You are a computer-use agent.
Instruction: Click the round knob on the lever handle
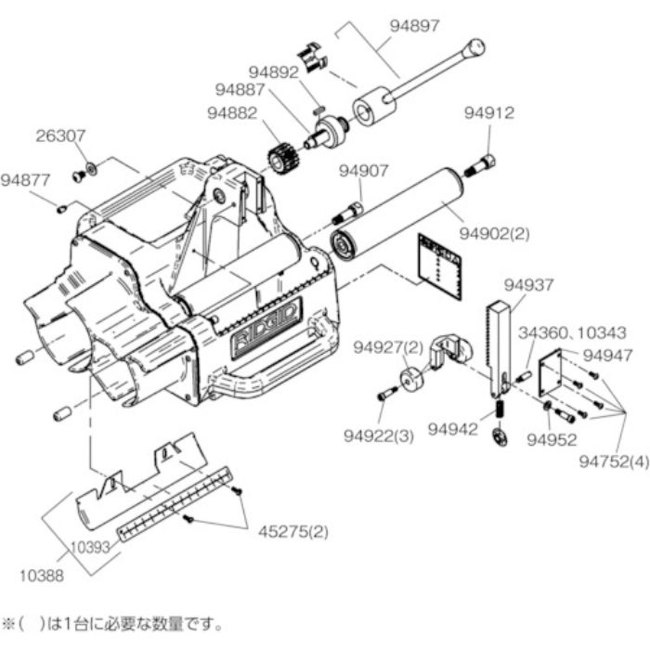[476, 45]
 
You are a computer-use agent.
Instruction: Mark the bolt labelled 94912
[483, 166]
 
